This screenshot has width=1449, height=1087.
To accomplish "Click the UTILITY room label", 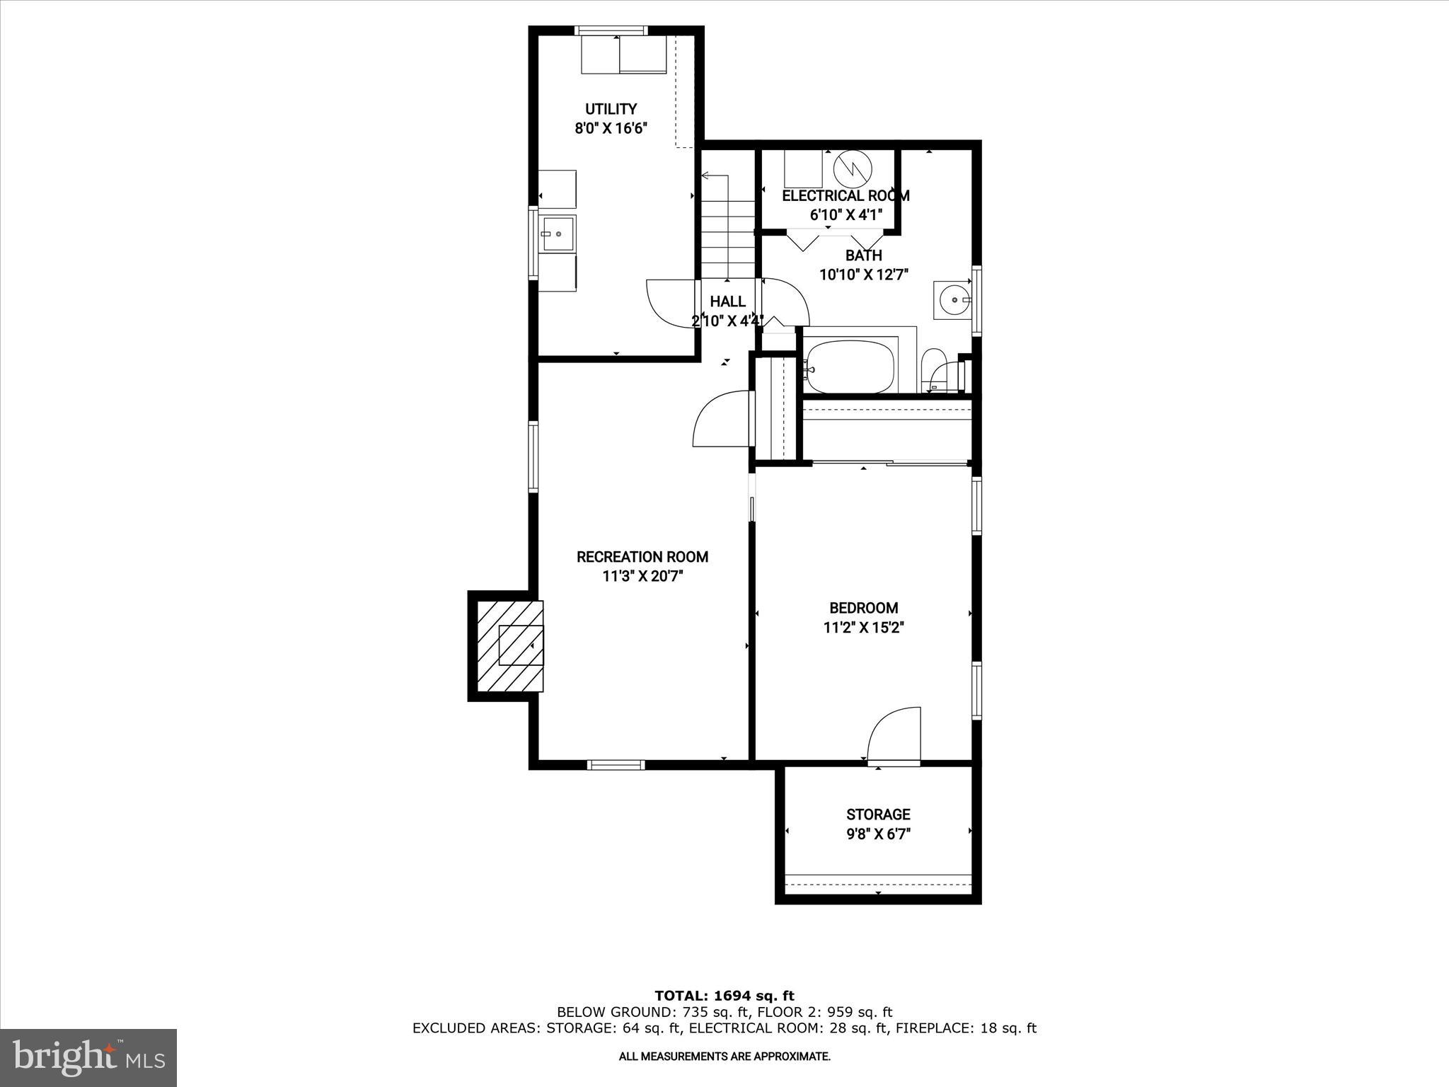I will (x=611, y=109).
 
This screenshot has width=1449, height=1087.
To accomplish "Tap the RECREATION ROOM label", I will (x=642, y=557).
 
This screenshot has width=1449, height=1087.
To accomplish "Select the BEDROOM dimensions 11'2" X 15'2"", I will (x=864, y=627).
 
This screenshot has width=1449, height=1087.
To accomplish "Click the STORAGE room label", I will (x=878, y=815).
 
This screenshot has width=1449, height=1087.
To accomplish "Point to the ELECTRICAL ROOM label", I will (x=845, y=196).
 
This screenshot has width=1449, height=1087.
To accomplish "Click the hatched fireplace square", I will (x=510, y=645).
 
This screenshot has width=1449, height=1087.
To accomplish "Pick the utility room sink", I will (x=558, y=234).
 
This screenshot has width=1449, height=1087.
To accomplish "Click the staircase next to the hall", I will (x=727, y=226).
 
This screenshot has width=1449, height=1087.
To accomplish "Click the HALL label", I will (x=727, y=302).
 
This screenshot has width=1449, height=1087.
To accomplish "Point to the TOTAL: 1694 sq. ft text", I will (x=724, y=996).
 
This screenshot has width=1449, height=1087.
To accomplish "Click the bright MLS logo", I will (x=88, y=1057).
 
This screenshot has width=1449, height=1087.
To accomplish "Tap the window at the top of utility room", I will (x=611, y=30).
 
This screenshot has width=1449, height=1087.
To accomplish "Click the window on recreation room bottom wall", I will (x=616, y=764).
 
